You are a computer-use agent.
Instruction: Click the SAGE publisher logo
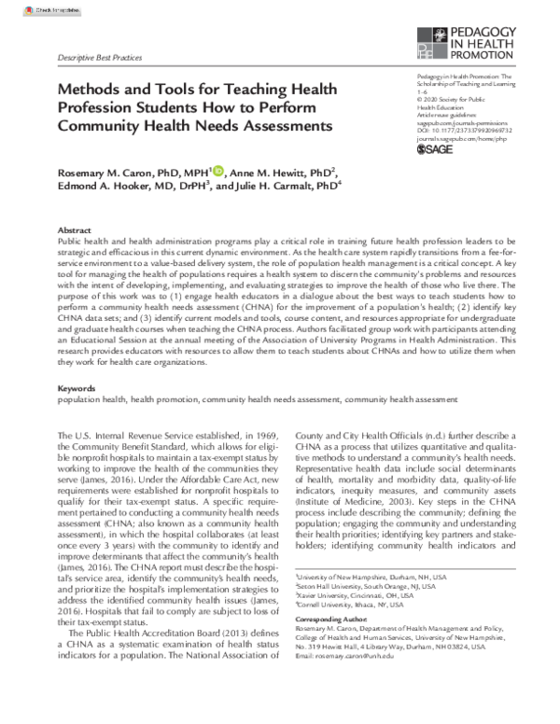pos(434,147)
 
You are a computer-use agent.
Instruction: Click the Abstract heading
pos(75,230)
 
